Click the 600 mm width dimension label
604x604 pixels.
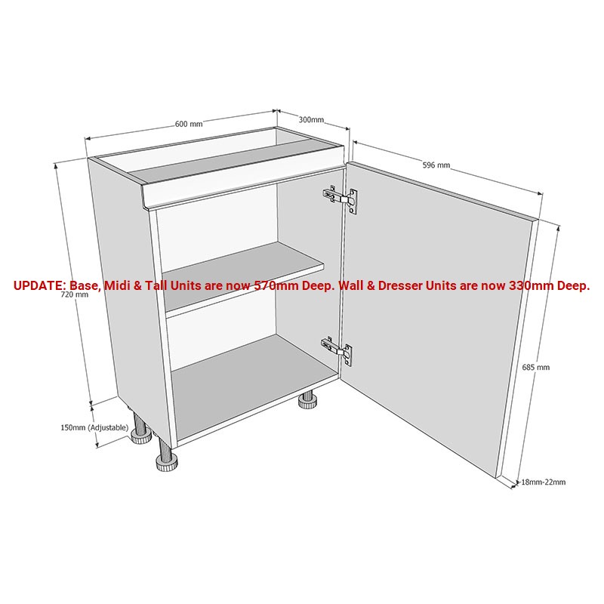click(189, 124)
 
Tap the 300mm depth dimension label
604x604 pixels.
click(311, 119)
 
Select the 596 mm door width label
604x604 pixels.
click(436, 165)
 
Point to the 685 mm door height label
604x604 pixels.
click(536, 367)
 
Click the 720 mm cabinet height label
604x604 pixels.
click(75, 294)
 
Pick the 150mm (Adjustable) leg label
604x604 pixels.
click(94, 427)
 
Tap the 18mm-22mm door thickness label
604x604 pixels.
click(544, 482)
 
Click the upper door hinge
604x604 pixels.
click(341, 199)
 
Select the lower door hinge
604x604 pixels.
click(336, 350)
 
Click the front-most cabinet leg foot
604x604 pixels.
click(167, 461)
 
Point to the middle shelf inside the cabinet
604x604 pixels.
click(242, 280)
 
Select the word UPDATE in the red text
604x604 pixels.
click(39, 285)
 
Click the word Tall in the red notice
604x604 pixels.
click(156, 285)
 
